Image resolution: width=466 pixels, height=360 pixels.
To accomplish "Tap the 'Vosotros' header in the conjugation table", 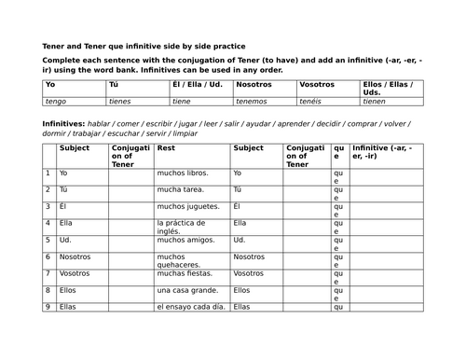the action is click(318, 84).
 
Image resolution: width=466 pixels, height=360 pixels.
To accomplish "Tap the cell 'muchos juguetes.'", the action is click(188, 206).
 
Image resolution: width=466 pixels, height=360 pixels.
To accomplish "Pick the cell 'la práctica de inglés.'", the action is click(185, 228).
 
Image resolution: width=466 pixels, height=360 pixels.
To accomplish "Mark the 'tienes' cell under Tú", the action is click(120, 102).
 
